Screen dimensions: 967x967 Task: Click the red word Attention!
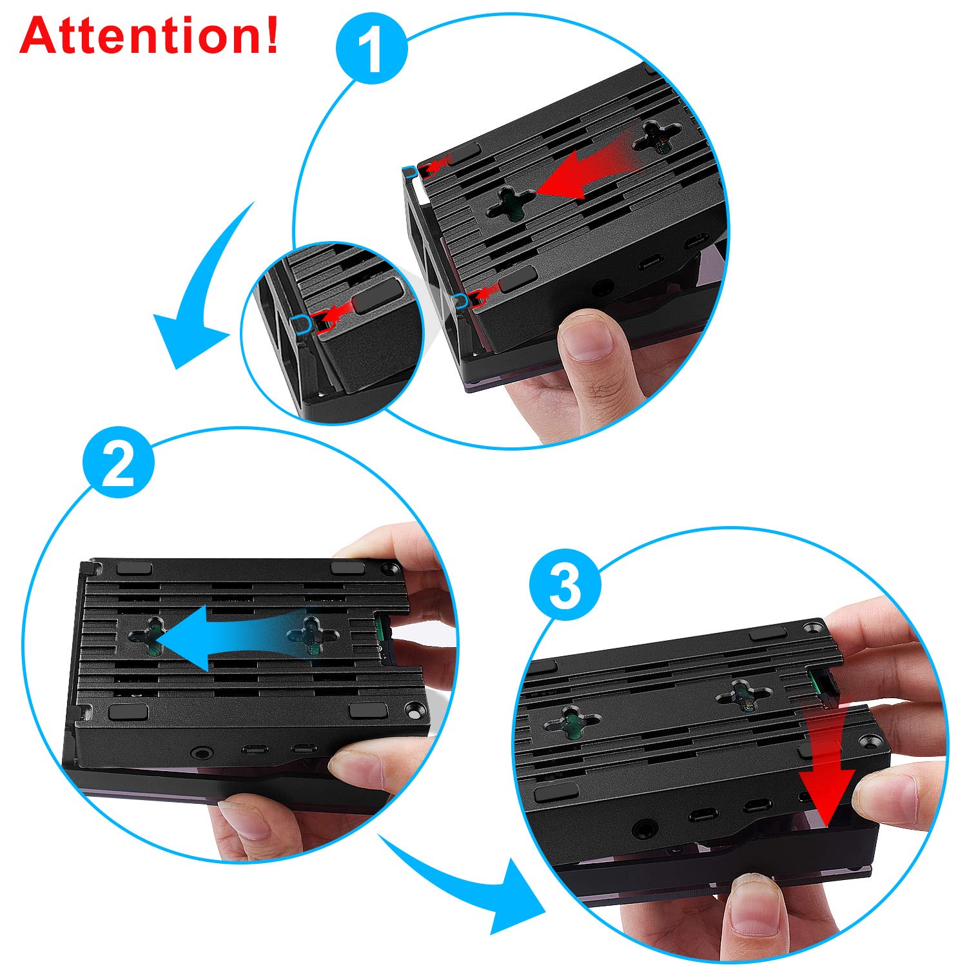click(x=150, y=35)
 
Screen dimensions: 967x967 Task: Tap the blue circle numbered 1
click(x=372, y=48)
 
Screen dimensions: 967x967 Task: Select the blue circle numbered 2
click(x=119, y=462)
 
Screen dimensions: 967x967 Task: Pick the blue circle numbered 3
click(x=565, y=585)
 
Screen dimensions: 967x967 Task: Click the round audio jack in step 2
click(x=198, y=752)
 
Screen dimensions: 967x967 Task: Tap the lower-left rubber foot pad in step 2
click(x=129, y=712)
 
